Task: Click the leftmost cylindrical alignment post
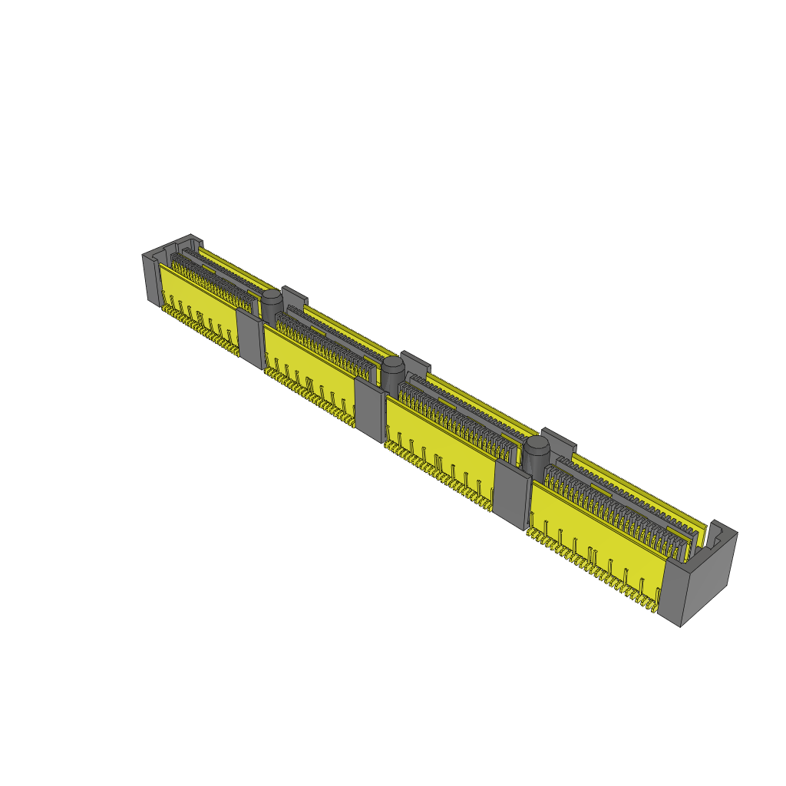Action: click(x=271, y=304)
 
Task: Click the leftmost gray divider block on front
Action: click(x=249, y=336)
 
